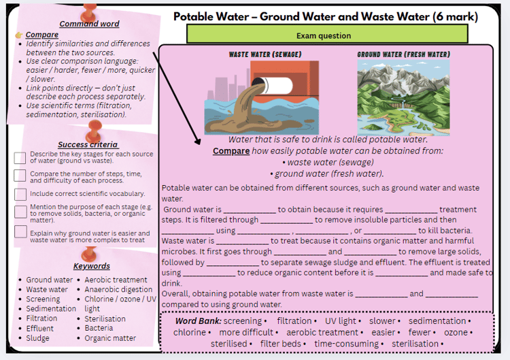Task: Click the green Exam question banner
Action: pyautogui.click(x=327, y=34)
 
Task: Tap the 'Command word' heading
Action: pyautogui.click(x=89, y=24)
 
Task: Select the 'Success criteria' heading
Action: pyautogui.click(x=88, y=144)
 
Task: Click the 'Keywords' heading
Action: pyautogui.click(x=91, y=266)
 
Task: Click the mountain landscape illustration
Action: pyautogui.click(x=403, y=97)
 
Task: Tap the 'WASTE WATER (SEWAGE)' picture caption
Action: pyautogui.click(x=265, y=54)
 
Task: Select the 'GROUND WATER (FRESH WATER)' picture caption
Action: pyautogui.click(x=404, y=54)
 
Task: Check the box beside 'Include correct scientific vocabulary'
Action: pyautogui.click(x=20, y=195)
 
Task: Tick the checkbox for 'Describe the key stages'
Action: pyautogui.click(x=20, y=158)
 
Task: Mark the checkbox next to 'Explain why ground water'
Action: pyautogui.click(x=20, y=232)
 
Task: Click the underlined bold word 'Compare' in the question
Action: pyautogui.click(x=231, y=151)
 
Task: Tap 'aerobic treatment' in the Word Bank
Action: pyautogui.click(x=322, y=332)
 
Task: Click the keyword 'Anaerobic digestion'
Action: pyautogui.click(x=118, y=289)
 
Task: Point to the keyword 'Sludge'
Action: pyautogui.click(x=37, y=338)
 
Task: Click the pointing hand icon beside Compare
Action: pyautogui.click(x=19, y=35)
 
